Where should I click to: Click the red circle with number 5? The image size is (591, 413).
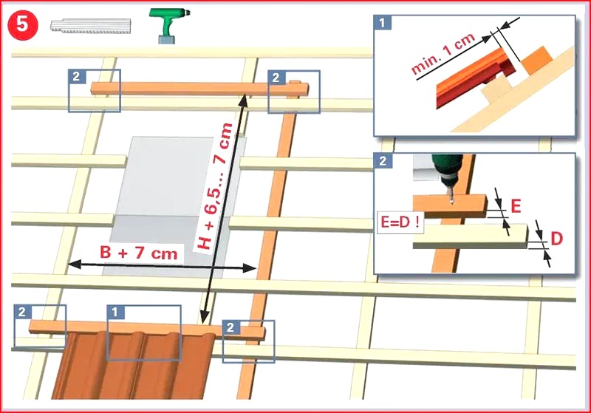click(23, 25)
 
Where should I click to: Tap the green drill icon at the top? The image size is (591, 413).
click(168, 25)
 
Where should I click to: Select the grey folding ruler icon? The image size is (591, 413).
click(90, 26)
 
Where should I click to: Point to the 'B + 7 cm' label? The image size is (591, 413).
click(139, 253)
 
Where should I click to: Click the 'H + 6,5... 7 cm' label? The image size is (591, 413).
click(215, 186)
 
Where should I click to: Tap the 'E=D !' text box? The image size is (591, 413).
click(400, 222)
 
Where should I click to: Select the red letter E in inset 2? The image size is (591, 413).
click(516, 206)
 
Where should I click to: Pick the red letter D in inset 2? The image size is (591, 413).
click(556, 239)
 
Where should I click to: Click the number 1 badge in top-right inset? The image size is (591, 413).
click(382, 23)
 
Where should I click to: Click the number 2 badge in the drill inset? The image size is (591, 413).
click(383, 161)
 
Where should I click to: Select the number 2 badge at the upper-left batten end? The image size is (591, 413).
click(77, 77)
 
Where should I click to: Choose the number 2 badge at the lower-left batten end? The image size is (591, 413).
click(22, 312)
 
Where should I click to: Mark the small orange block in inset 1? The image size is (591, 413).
click(538, 60)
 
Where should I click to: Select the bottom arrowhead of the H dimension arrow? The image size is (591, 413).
click(205, 317)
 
